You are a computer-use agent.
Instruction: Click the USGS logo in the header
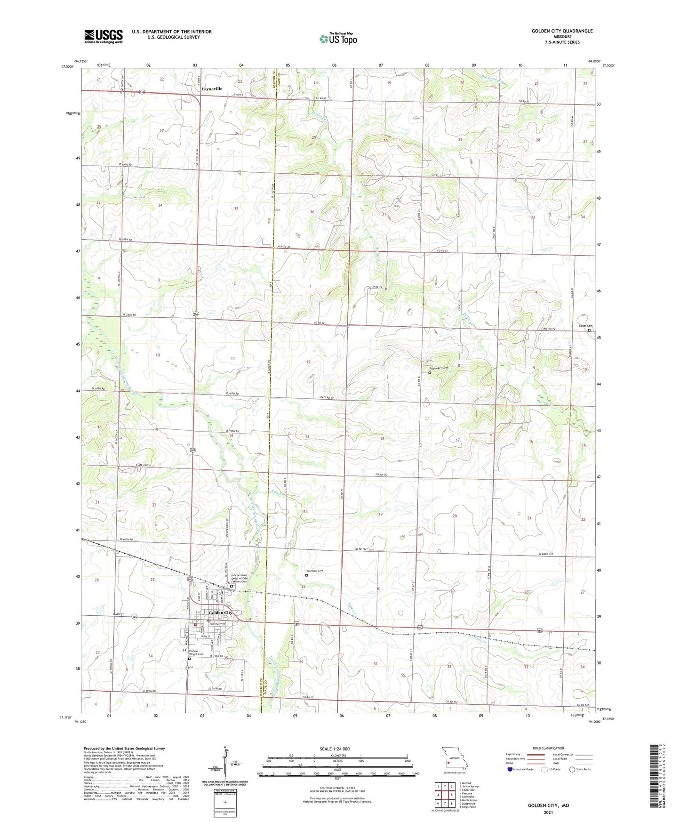pyautogui.click(x=104, y=36)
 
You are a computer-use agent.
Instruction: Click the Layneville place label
pyautogui.click(x=212, y=89)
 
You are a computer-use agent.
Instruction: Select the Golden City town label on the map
pyautogui.click(x=220, y=612)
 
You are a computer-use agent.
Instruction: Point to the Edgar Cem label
pyautogui.click(x=585, y=326)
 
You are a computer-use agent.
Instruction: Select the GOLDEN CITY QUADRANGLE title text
pyautogui.click(x=562, y=31)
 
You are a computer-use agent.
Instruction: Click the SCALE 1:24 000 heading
pyautogui.click(x=337, y=749)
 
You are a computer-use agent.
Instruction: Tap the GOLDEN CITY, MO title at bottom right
pyautogui.click(x=548, y=806)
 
